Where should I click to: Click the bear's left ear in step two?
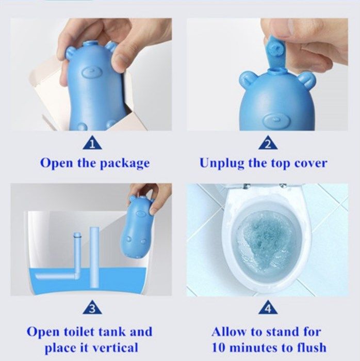(247, 81)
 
